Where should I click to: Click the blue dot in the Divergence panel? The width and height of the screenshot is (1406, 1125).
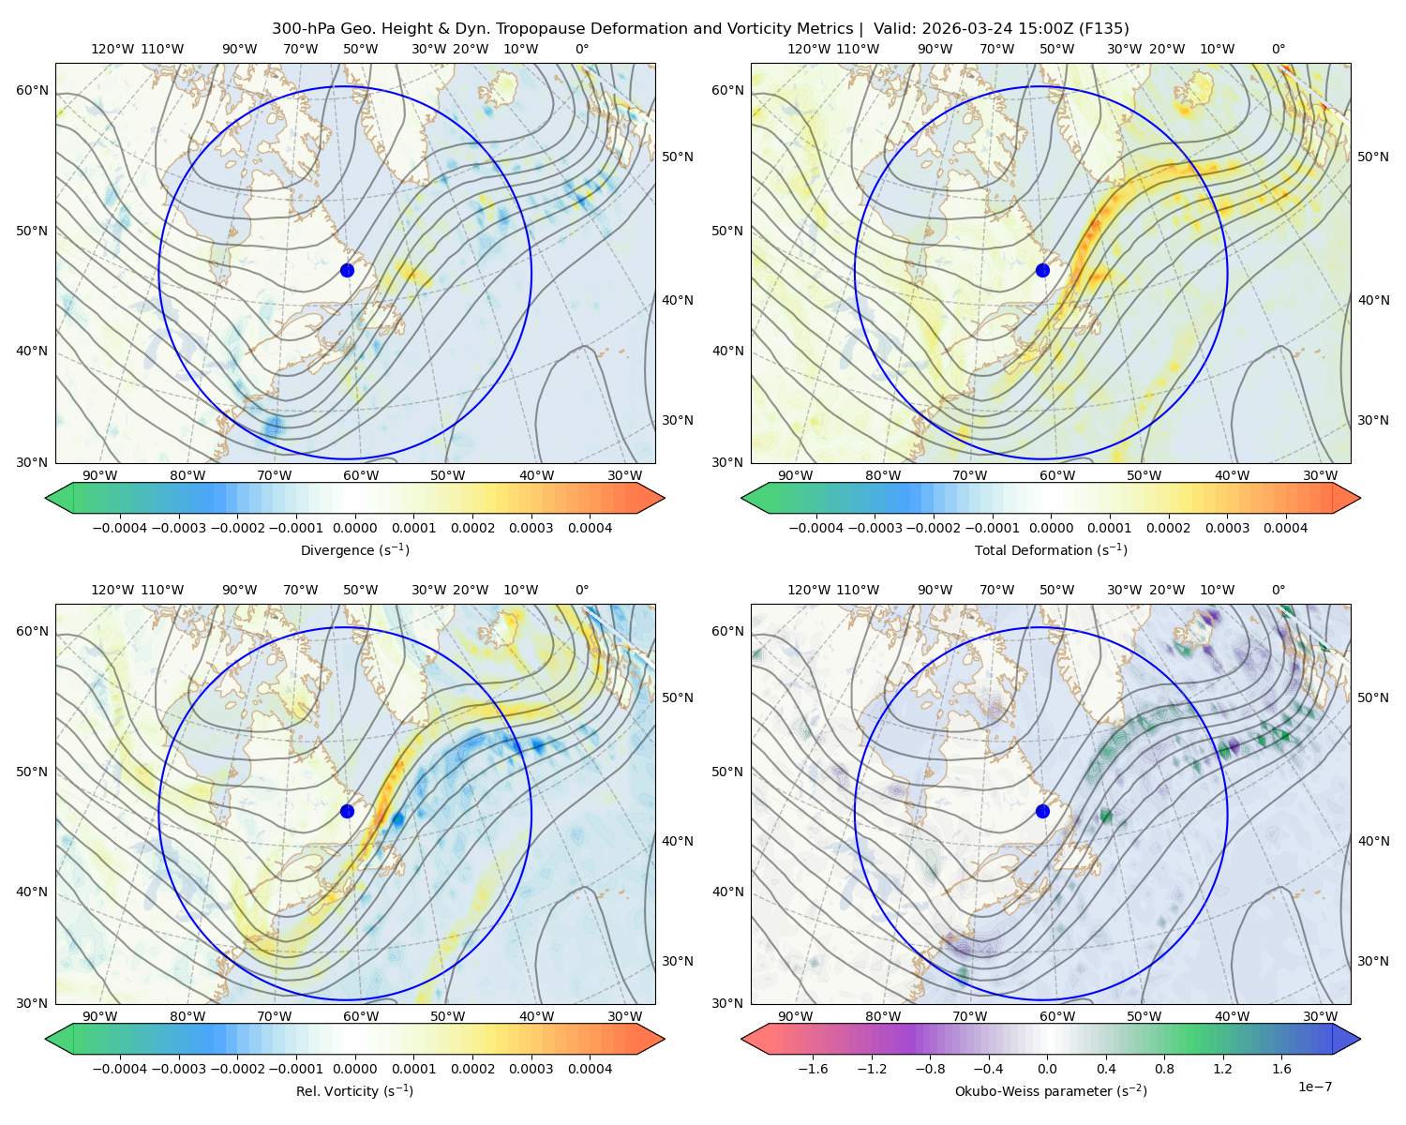click(x=347, y=270)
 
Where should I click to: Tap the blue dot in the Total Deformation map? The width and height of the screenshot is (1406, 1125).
click(x=1042, y=270)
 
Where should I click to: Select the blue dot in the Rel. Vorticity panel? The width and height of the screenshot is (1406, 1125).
click(x=347, y=811)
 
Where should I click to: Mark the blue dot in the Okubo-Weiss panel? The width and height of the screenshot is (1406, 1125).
click(x=1042, y=811)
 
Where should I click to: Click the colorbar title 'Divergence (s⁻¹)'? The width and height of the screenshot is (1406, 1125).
click(x=354, y=549)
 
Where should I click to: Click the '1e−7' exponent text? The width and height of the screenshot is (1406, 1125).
click(x=1314, y=1087)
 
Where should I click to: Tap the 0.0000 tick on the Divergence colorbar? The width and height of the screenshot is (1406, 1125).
click(x=354, y=528)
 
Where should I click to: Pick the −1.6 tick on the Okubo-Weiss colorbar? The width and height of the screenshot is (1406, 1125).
click(x=813, y=1069)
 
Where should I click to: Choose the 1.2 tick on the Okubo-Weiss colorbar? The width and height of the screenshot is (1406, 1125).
click(x=1222, y=1069)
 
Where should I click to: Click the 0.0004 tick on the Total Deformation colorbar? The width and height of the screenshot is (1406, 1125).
click(x=1285, y=528)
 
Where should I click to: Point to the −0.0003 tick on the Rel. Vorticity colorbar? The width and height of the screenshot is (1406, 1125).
click(x=178, y=1069)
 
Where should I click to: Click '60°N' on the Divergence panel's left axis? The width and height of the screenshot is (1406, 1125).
click(x=32, y=90)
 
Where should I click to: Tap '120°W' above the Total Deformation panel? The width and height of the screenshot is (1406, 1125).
click(x=808, y=49)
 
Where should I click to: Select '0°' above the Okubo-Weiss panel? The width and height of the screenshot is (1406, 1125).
click(x=1278, y=590)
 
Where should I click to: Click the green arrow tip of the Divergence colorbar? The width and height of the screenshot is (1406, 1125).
click(x=46, y=498)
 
